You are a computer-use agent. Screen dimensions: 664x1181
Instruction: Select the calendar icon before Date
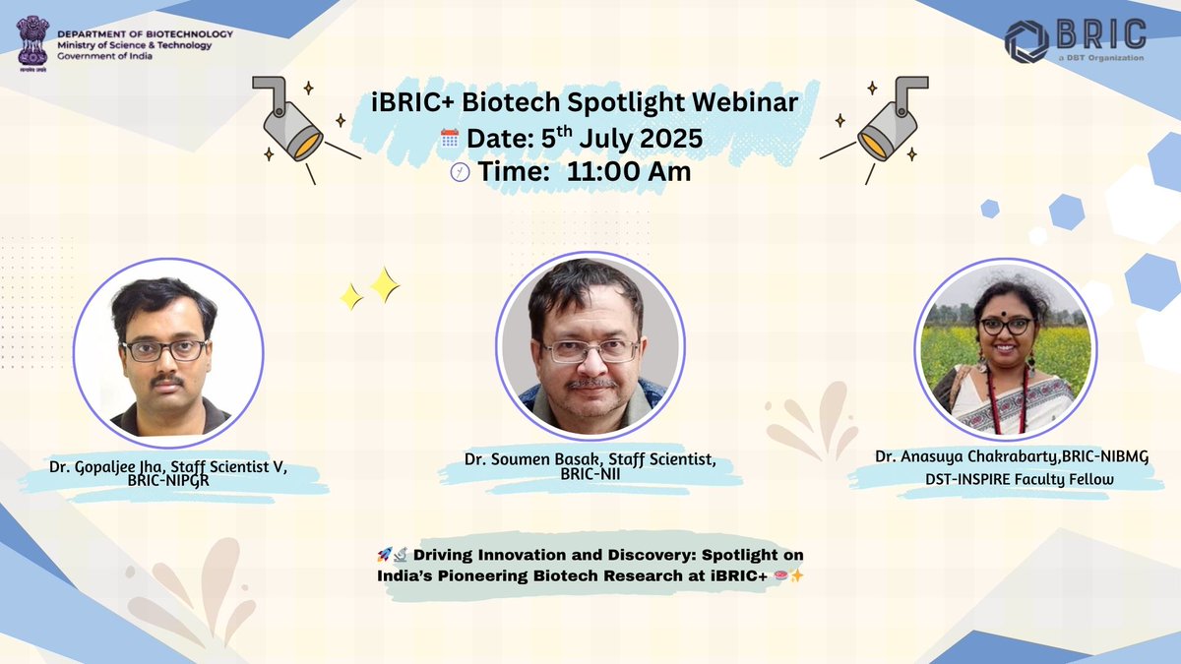450,139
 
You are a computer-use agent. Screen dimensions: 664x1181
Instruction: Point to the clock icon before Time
460,172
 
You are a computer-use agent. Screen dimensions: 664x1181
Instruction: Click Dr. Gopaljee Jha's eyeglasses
164,349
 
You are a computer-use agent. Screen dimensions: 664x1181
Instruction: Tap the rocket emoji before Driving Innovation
385,557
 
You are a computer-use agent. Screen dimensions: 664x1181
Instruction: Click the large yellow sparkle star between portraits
384,284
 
